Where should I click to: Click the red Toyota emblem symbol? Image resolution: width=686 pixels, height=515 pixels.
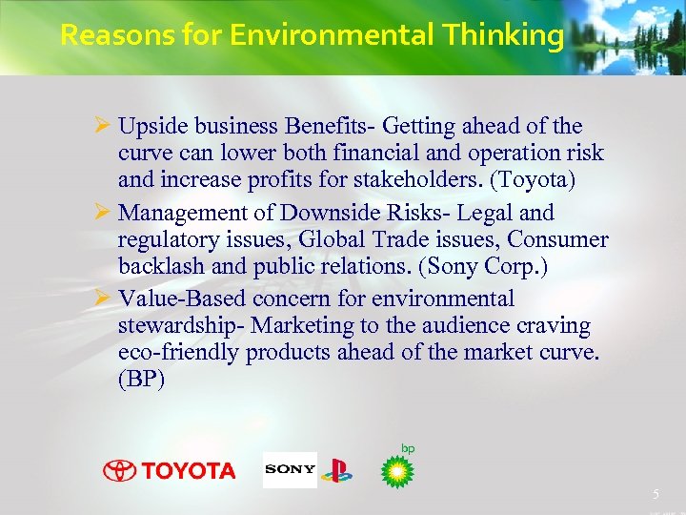(x=119, y=470)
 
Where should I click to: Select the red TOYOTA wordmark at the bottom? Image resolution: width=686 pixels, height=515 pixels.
(x=189, y=470)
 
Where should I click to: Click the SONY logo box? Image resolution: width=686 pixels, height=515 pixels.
(x=290, y=469)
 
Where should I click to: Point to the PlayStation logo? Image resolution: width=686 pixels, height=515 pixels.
(x=336, y=470)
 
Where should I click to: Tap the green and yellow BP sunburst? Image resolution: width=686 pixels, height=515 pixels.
(x=397, y=471)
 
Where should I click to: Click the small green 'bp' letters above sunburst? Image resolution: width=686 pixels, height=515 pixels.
(x=408, y=448)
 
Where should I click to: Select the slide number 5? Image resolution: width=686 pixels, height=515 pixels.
(x=656, y=494)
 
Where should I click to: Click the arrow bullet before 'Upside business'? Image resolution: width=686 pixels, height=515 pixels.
(x=105, y=126)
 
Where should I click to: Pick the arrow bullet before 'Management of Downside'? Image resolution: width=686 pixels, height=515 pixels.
(x=105, y=213)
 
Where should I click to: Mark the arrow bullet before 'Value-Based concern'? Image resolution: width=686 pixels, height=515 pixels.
(x=105, y=299)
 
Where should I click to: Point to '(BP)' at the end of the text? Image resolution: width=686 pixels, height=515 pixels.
(x=142, y=379)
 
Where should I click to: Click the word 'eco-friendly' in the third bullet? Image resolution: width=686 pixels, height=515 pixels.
(x=178, y=352)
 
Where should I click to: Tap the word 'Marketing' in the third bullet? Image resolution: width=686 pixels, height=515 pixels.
(x=301, y=326)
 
